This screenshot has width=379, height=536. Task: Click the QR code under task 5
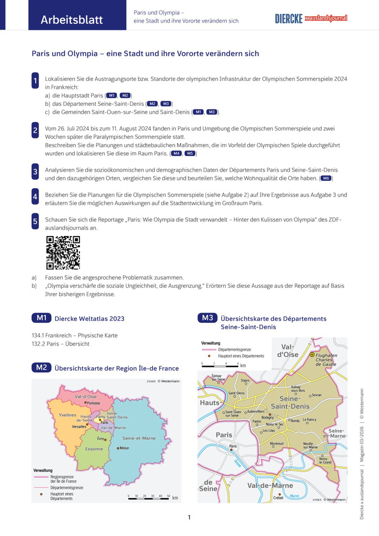[63, 252]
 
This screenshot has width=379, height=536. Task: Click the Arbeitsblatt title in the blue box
[72, 21]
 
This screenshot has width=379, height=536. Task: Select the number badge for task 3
[35, 171]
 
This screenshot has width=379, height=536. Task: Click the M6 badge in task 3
[326, 178]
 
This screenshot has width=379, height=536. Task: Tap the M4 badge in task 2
[176, 153]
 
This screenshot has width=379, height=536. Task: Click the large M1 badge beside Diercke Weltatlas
[42, 318]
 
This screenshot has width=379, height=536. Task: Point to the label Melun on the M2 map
[124, 448]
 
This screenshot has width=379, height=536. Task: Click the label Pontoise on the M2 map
[93, 403]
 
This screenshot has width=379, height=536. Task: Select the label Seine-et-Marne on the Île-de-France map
[139, 438]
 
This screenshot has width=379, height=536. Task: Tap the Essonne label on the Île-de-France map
[94, 449]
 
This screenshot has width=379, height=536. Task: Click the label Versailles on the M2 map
[79, 427]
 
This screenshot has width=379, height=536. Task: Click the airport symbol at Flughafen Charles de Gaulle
[312, 355]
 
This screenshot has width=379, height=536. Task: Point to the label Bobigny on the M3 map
[267, 417]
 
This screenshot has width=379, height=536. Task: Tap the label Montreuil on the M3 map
[277, 443]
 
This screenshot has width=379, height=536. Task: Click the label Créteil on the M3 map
[279, 498]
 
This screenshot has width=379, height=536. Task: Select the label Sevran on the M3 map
[316, 395]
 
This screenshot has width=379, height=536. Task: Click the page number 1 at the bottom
[189, 518]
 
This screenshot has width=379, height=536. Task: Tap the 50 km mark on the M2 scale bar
[168, 495]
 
